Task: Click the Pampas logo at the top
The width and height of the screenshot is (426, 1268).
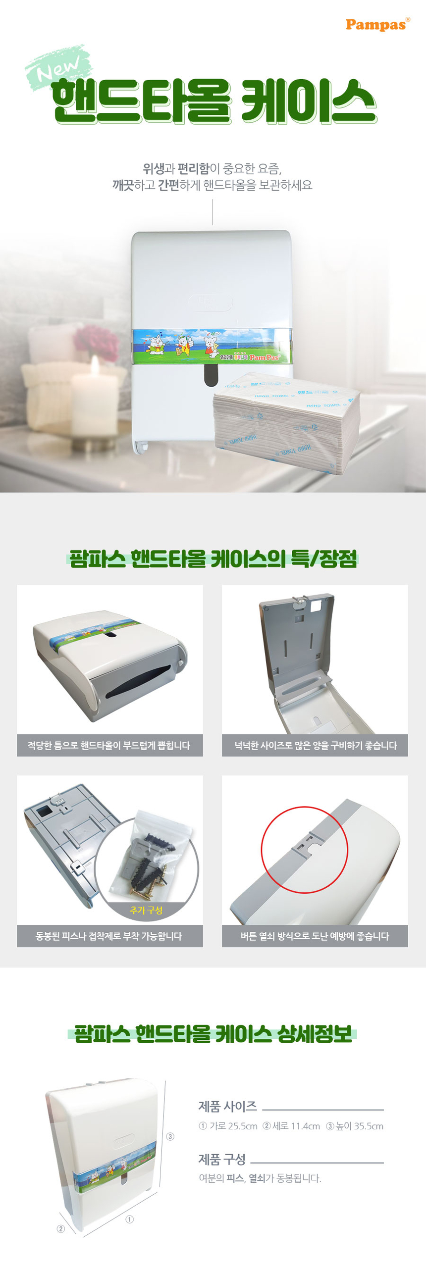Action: pos(377,24)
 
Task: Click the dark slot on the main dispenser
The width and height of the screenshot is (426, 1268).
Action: pos(211,375)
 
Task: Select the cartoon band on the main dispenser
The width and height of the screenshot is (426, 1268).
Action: pos(212,346)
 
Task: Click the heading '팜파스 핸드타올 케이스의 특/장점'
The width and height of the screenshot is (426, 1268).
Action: pos(213,559)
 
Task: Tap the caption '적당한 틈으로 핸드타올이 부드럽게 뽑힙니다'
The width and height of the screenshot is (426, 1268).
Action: pos(109,745)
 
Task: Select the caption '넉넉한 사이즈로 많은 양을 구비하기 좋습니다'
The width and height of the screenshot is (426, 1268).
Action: pos(315,745)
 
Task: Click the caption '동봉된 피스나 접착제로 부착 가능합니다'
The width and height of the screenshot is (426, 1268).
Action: pos(109,935)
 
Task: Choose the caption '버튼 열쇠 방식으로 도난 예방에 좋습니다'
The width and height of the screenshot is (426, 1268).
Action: pos(315,935)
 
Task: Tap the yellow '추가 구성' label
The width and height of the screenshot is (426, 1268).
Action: pos(146,910)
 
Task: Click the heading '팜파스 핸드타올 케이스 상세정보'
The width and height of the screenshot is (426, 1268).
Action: pos(213,1033)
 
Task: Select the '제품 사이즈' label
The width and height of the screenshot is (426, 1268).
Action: pos(227,1106)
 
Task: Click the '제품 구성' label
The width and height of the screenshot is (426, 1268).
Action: pos(222,1159)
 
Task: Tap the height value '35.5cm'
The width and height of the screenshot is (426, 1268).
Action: pos(369,1126)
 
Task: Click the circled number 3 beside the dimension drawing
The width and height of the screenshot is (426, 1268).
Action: pos(170,1136)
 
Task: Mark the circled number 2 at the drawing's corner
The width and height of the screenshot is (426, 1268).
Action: pos(60,1228)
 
